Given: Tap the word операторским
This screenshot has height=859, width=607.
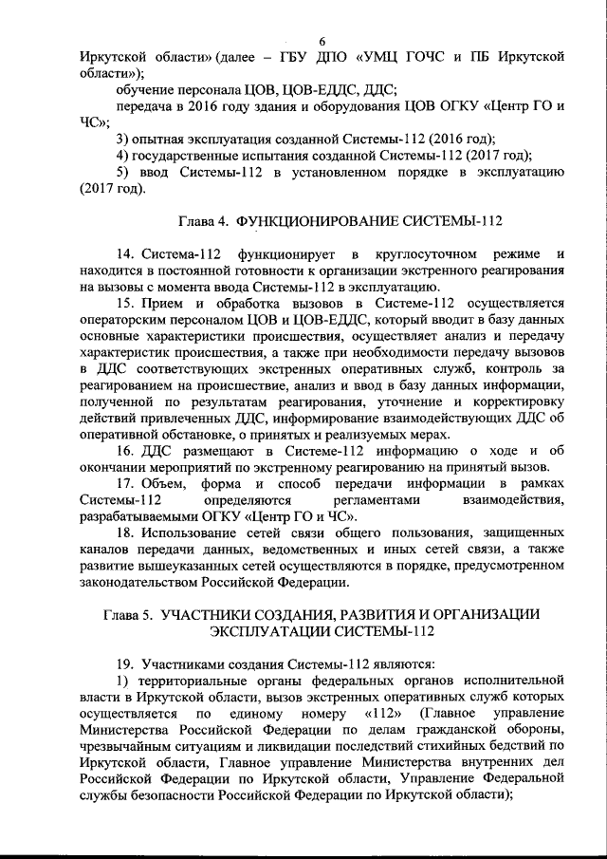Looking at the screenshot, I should tap(127, 320).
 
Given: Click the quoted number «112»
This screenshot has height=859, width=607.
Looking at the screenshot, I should tap(384, 713).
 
